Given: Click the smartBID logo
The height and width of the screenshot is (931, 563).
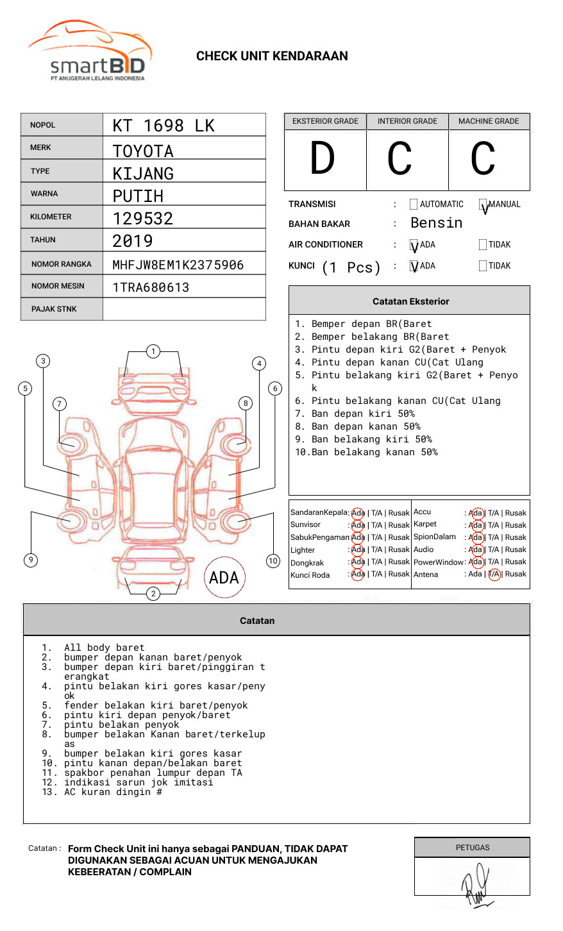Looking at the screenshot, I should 90,51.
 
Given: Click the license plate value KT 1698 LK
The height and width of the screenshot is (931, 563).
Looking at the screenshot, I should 164,126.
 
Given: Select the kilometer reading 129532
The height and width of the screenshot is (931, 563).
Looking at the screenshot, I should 143,219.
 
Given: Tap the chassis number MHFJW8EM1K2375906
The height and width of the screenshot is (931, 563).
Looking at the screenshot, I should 178,265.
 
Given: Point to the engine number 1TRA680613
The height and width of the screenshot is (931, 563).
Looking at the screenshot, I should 151,287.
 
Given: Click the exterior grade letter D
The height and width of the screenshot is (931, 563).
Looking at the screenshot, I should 323,159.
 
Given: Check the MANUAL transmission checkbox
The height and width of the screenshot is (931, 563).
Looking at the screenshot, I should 483,205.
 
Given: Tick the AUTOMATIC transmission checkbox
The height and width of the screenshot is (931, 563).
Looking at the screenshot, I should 414,205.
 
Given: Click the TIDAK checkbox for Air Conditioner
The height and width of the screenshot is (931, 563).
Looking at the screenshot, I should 483,244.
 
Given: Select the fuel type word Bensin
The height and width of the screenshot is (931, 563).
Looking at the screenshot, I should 436,223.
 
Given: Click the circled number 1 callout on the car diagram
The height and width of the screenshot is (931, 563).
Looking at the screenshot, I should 153,351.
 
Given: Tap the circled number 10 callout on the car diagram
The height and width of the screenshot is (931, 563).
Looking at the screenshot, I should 273,561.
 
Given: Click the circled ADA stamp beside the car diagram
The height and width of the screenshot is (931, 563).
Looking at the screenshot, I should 224,578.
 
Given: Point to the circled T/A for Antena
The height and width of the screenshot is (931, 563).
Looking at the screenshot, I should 494,575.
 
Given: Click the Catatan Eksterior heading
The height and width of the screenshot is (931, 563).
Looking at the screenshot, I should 410,301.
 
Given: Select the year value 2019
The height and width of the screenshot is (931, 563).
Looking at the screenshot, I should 133,241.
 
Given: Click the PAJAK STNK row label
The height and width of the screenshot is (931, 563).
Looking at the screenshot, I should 54,309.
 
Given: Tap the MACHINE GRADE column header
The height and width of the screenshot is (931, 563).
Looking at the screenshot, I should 489,121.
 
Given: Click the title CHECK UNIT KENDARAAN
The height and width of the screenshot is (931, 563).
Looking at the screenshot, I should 272,56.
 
